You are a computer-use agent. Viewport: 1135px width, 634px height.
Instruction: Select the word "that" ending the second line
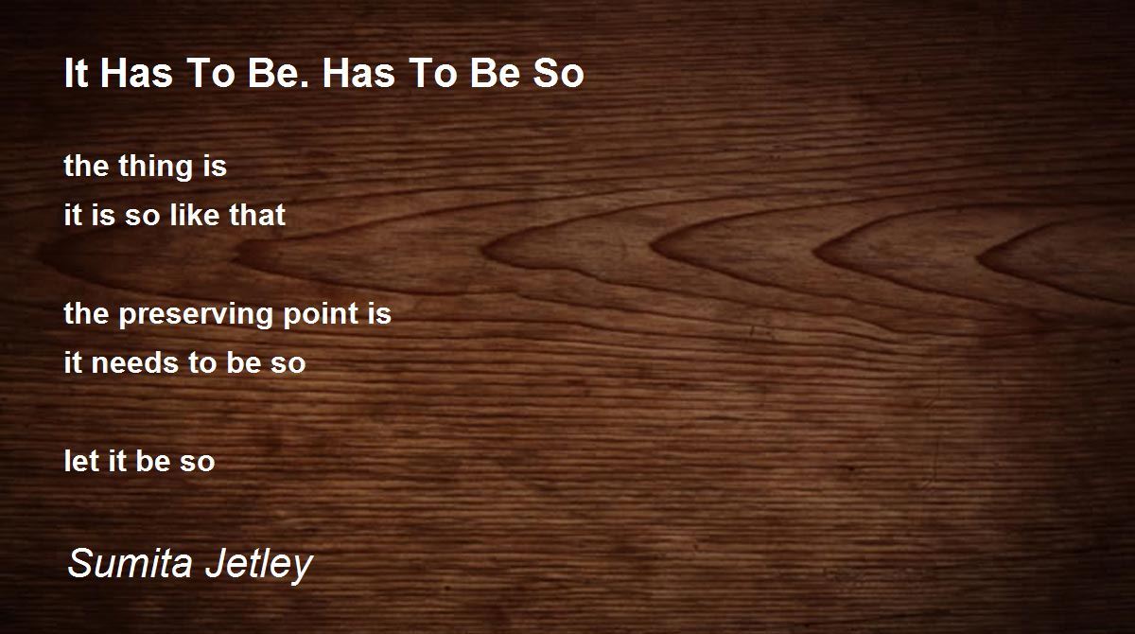257,215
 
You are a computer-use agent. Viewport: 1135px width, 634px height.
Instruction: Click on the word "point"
321,314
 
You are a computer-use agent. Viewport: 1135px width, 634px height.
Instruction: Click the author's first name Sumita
131,563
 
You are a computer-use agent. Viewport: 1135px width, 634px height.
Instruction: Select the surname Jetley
259,565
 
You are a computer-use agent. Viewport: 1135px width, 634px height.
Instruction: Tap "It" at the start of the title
76,74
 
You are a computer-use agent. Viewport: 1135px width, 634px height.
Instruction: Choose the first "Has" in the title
136,74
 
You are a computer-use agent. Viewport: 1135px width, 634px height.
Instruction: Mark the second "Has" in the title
358,74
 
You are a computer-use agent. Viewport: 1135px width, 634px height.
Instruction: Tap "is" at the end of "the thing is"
215,166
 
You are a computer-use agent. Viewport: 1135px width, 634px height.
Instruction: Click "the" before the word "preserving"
86,314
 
